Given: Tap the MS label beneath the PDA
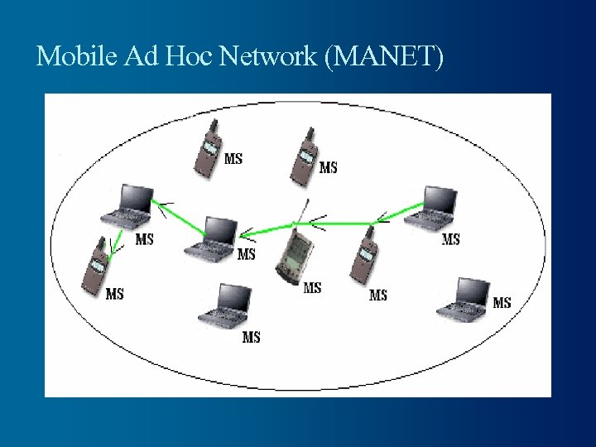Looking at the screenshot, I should (x=312, y=288).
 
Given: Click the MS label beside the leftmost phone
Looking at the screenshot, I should (x=115, y=293).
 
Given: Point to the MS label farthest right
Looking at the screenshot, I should (x=502, y=302).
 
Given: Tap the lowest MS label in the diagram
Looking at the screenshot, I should (x=251, y=337).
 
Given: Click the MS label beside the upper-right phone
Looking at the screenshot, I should (x=328, y=167).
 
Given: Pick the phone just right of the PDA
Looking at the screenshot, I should (x=363, y=254).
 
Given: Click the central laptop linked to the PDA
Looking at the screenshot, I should (x=216, y=238).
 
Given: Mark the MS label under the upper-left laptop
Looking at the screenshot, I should (x=144, y=239).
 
